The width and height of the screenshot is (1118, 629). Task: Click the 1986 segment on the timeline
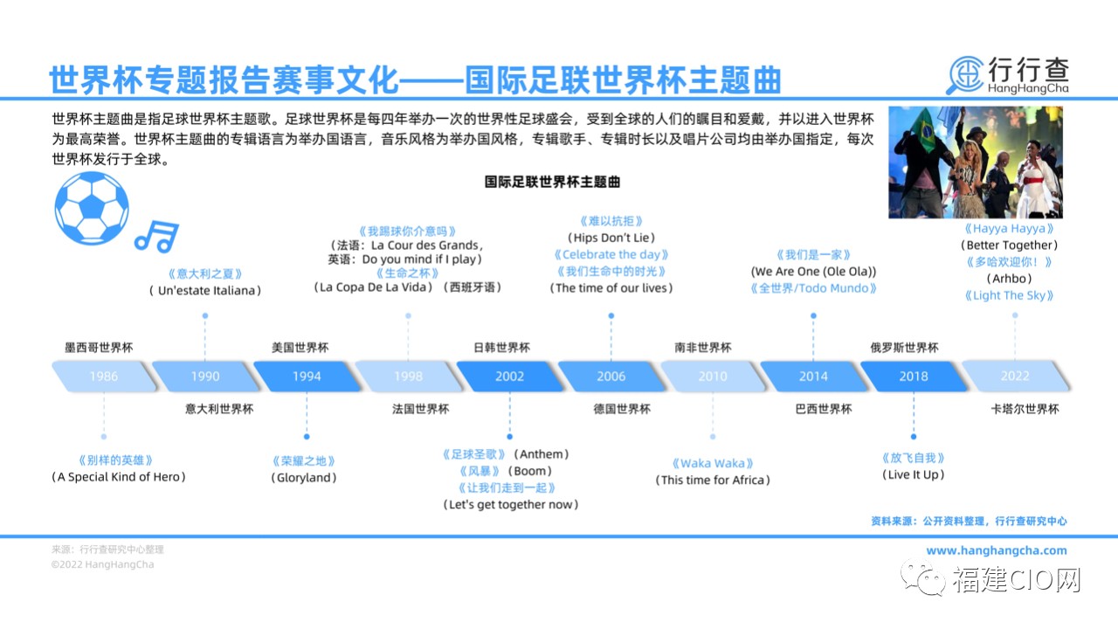(104, 376)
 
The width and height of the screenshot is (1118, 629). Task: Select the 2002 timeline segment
(509, 376)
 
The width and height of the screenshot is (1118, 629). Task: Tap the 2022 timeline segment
(1015, 376)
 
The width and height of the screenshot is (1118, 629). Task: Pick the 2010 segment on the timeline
(713, 376)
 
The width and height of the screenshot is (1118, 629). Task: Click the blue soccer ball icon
(92, 208)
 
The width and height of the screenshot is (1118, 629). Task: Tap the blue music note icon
(157, 236)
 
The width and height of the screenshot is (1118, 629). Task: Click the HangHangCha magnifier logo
(965, 75)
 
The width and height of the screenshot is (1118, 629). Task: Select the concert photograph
(976, 162)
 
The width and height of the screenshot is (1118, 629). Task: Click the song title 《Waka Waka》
(713, 463)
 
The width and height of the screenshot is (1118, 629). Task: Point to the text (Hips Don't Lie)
(611, 238)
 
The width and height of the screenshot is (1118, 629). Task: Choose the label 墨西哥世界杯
(99, 348)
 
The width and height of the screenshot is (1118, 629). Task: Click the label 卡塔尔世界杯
(1025, 409)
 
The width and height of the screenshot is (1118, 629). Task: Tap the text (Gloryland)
(304, 477)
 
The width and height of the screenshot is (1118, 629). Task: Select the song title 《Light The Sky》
(1009, 295)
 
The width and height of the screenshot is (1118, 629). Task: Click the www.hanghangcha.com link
(997, 550)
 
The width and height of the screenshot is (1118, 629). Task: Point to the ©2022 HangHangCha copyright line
(102, 564)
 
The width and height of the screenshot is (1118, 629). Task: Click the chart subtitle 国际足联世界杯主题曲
(553, 182)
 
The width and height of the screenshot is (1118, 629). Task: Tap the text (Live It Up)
(914, 474)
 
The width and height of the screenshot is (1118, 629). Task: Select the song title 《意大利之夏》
(205, 273)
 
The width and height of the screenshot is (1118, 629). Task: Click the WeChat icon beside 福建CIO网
(923, 578)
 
